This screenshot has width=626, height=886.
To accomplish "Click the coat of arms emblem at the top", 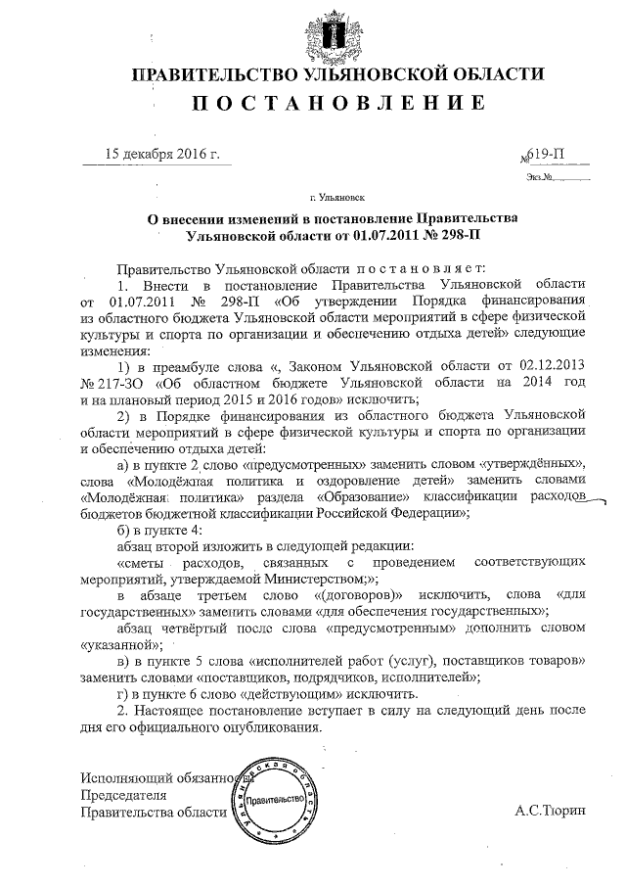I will (x=337, y=31).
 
